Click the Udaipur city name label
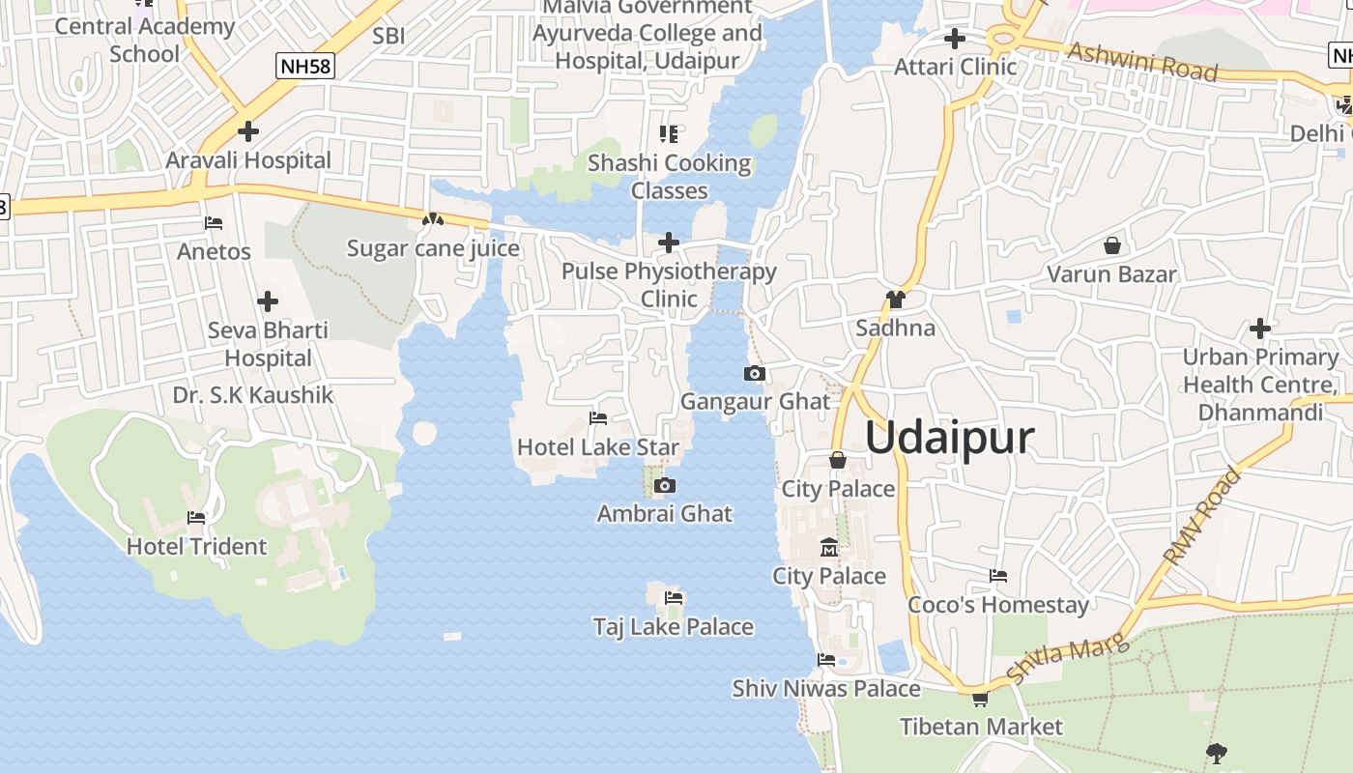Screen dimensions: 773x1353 tap(949, 438)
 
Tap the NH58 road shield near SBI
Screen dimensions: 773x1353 tap(303, 66)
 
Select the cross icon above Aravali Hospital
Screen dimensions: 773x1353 tap(248, 130)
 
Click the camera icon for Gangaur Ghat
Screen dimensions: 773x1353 tap(755, 373)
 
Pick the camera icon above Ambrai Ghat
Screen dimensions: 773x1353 tap(664, 485)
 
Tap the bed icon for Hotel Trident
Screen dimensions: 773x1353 tap(196, 518)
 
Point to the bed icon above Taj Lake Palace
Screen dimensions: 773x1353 tap(674, 598)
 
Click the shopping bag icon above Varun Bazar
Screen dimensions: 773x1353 tap(1112, 245)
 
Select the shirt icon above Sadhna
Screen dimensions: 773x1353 tap(896, 300)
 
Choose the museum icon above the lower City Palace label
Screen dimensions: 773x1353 tap(829, 548)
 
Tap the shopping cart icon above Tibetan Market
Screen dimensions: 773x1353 tap(980, 699)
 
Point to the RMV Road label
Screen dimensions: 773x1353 tap(1201, 517)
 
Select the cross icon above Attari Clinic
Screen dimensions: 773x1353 tap(955, 39)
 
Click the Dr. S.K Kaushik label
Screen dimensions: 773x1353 tap(253, 395)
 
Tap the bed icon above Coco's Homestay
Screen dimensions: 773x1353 tap(998, 576)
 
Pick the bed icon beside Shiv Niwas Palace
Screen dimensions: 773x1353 tap(826, 660)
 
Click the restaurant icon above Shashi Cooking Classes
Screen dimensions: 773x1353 tap(669, 134)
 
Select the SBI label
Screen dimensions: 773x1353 tap(389, 37)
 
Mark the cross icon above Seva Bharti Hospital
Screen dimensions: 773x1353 tap(268, 301)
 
